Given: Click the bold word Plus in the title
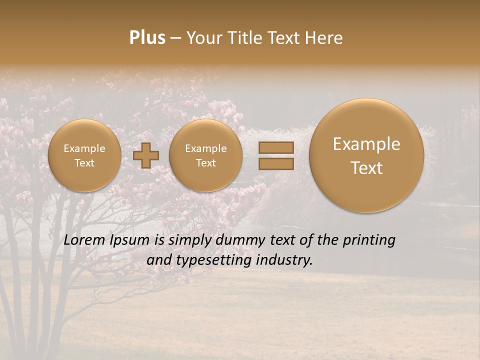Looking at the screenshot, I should [x=147, y=38].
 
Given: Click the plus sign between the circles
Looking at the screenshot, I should [x=146, y=155].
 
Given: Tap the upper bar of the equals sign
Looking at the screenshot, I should [x=275, y=147].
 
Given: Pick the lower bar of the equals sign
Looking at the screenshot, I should [x=275, y=163].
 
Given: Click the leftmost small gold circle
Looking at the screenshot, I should [x=84, y=155].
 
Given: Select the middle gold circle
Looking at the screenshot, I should [x=205, y=155].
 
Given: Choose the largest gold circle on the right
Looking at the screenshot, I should [x=366, y=155].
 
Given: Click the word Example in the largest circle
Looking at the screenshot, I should [x=366, y=144].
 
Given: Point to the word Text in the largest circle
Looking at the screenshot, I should [x=366, y=168].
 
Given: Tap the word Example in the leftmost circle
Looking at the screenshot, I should [x=84, y=148].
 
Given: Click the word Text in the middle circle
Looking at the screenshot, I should [x=205, y=163].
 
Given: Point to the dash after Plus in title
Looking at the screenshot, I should [x=175, y=38].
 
